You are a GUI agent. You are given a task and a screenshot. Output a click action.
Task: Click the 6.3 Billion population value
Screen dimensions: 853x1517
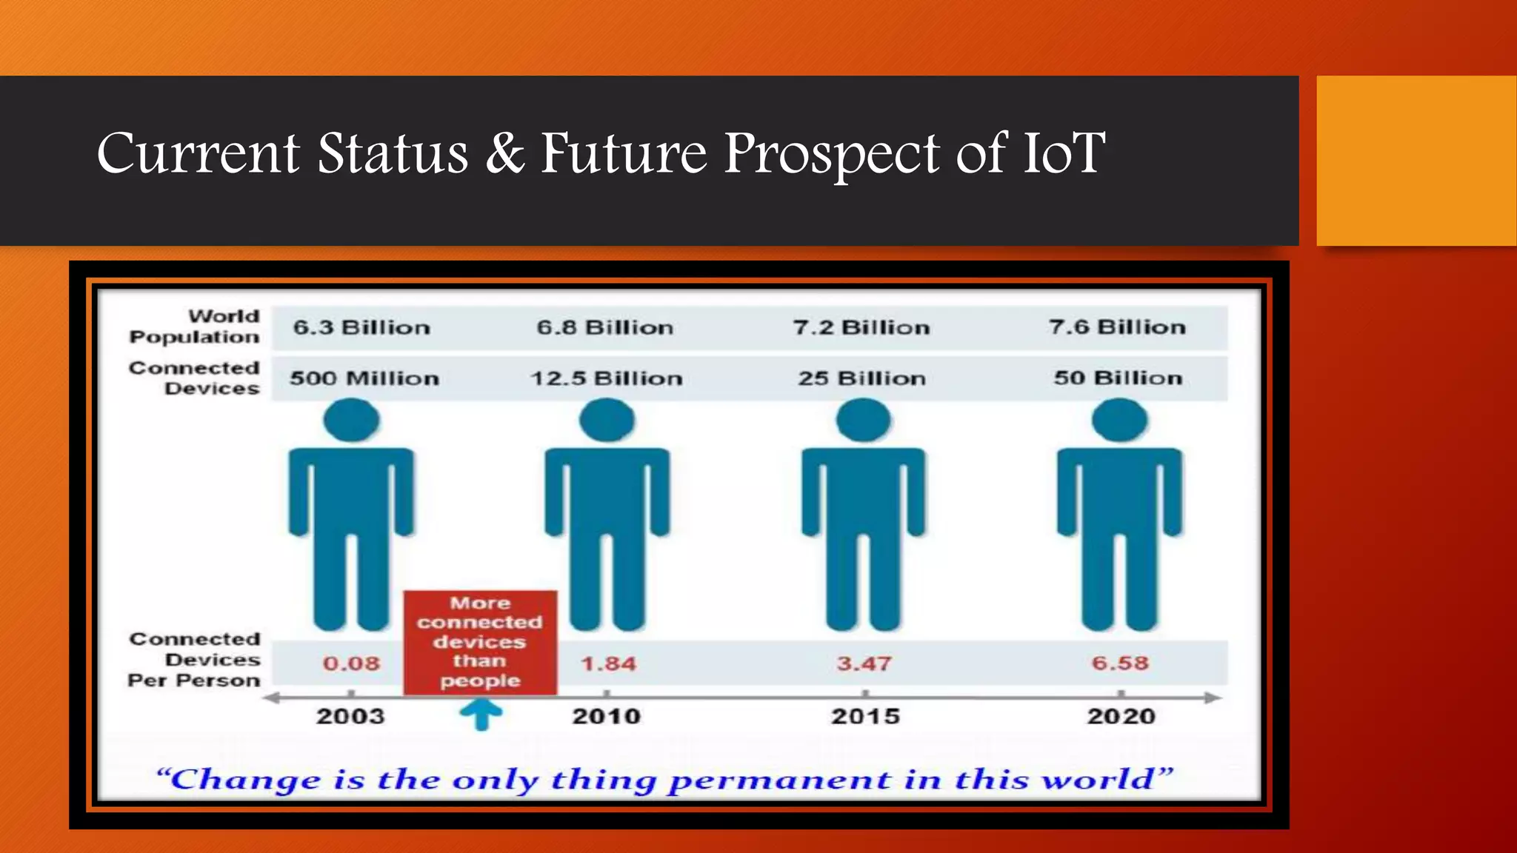(x=361, y=327)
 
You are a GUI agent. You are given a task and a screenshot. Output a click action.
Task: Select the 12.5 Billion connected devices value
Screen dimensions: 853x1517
(x=606, y=378)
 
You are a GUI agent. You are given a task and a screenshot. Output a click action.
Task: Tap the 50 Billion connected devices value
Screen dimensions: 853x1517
(x=1118, y=378)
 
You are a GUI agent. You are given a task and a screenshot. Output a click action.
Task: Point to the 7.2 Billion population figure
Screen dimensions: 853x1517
(x=861, y=327)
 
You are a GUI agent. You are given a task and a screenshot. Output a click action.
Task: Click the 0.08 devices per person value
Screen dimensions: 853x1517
(x=351, y=663)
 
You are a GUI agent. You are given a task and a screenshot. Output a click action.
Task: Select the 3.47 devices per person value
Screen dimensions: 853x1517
(x=864, y=663)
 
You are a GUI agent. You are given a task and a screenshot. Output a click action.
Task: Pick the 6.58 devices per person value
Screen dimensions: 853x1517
(x=1119, y=663)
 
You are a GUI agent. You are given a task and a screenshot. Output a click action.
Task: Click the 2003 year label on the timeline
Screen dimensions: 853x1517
(x=350, y=717)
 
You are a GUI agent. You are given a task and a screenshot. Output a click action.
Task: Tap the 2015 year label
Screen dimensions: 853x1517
(x=865, y=717)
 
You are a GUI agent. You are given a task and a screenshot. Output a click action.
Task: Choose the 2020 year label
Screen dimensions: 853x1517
(x=1121, y=717)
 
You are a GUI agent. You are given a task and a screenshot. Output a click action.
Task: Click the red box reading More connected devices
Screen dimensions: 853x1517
(x=480, y=642)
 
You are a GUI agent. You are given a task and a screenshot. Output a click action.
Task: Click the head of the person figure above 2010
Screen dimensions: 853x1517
(x=607, y=420)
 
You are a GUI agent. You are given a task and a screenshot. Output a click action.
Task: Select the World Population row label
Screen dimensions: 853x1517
(x=195, y=327)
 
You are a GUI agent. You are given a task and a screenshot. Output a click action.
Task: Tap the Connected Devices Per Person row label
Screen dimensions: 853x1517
(x=194, y=660)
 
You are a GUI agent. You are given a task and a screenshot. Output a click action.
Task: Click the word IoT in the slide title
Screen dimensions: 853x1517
(x=1064, y=153)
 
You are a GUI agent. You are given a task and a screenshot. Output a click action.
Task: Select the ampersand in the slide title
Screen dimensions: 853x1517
(x=505, y=153)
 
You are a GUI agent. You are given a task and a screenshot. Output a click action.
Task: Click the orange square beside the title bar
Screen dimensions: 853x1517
(x=1416, y=160)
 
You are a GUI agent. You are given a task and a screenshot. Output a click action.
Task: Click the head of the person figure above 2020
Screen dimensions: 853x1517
(x=1119, y=420)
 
